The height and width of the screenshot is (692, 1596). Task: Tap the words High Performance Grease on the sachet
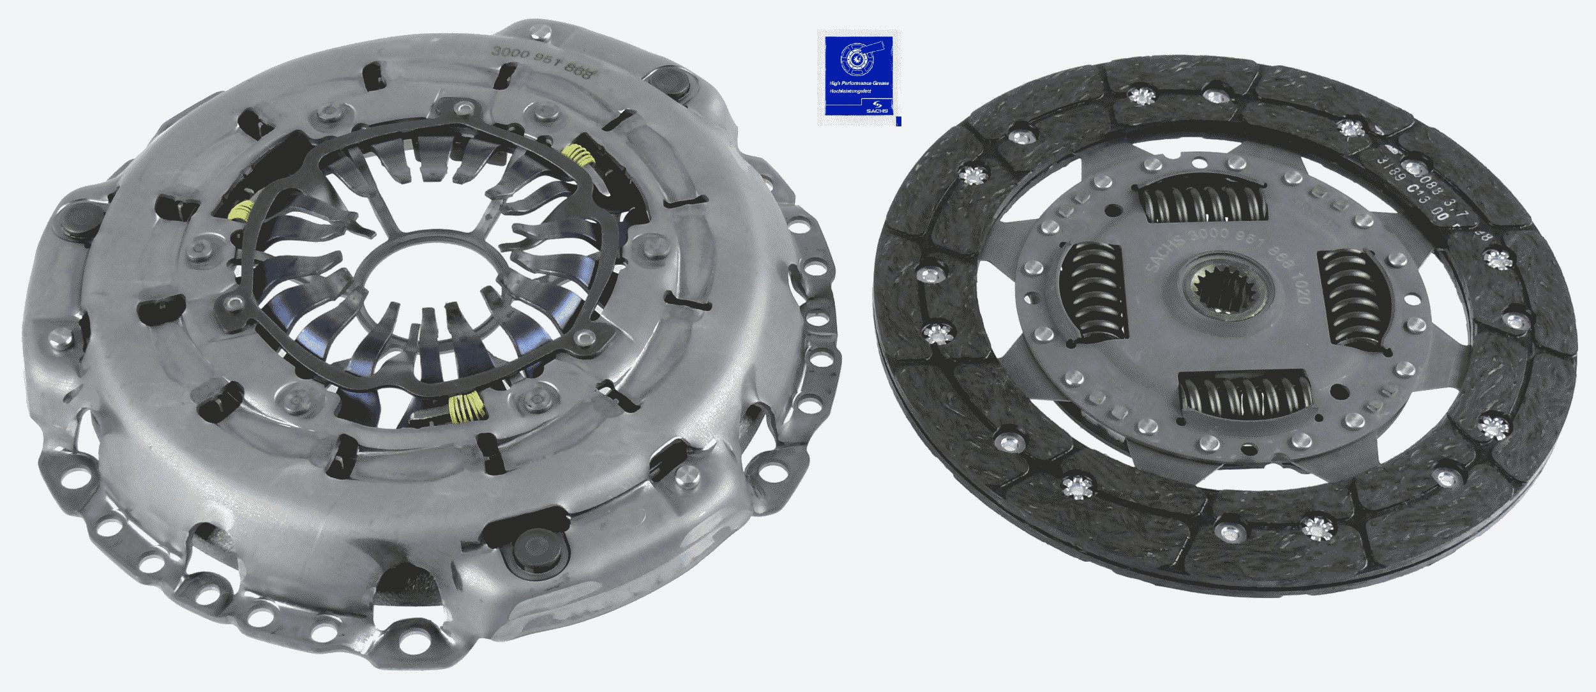858,84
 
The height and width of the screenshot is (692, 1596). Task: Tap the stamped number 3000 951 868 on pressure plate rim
542,61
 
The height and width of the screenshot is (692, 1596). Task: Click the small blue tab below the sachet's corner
898,121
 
